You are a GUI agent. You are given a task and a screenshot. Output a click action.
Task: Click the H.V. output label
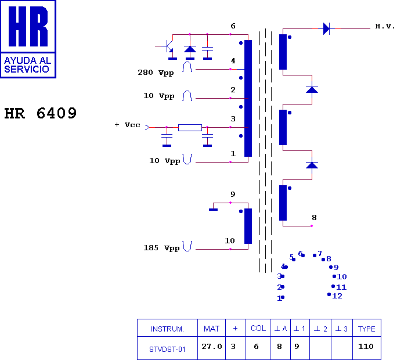coord(385,26)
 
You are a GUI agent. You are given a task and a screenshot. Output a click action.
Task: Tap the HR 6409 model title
coord(40,113)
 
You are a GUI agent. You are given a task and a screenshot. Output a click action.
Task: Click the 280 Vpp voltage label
coord(156,73)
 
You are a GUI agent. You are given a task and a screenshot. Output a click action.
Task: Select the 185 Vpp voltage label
coord(161,248)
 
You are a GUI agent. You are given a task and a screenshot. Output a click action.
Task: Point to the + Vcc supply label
coord(127,125)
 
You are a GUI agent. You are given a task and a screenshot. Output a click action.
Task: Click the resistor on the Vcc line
coord(190,127)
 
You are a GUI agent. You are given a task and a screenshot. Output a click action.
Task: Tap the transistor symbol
coord(168,46)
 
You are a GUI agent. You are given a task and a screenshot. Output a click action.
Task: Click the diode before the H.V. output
coord(327,28)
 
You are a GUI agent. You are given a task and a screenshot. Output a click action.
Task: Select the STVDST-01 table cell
coord(167,350)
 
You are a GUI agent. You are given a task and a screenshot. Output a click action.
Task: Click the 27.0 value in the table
coord(212,346)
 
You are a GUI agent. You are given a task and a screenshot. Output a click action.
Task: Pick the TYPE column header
coord(367,329)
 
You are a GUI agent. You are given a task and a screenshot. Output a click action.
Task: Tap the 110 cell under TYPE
coord(366,346)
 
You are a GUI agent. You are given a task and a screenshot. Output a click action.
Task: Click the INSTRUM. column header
coord(167,329)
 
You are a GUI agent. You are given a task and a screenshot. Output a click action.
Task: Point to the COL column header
coord(258,328)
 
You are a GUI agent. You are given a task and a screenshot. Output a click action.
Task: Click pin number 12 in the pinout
coord(337,296)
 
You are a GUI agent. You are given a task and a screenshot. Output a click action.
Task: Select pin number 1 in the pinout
coord(279,298)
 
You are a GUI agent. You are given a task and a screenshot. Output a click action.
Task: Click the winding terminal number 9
coord(233,195)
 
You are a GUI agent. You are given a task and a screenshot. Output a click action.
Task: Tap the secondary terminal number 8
coord(314,218)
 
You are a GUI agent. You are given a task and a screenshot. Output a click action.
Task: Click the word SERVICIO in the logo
coord(27,69)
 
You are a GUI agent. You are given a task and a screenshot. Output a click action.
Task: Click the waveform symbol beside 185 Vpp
coord(187,246)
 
